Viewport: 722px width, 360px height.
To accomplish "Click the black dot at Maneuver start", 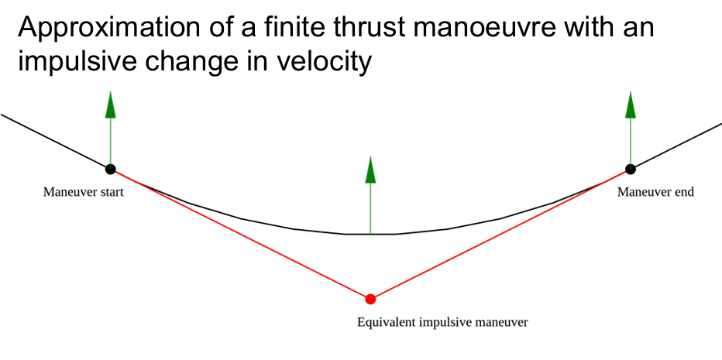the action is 110,168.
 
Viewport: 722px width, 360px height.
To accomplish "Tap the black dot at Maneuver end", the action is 630,168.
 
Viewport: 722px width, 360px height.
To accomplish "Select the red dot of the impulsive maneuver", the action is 370,299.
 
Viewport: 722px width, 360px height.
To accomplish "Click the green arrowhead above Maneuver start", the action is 110,105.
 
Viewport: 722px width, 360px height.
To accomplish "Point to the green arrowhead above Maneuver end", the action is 630,105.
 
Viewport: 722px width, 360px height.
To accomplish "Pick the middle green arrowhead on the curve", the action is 370,170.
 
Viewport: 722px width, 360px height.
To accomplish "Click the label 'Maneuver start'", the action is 83,192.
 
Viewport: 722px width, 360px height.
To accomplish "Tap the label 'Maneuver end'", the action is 655,192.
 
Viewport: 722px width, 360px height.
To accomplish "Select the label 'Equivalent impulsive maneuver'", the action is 442,321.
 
